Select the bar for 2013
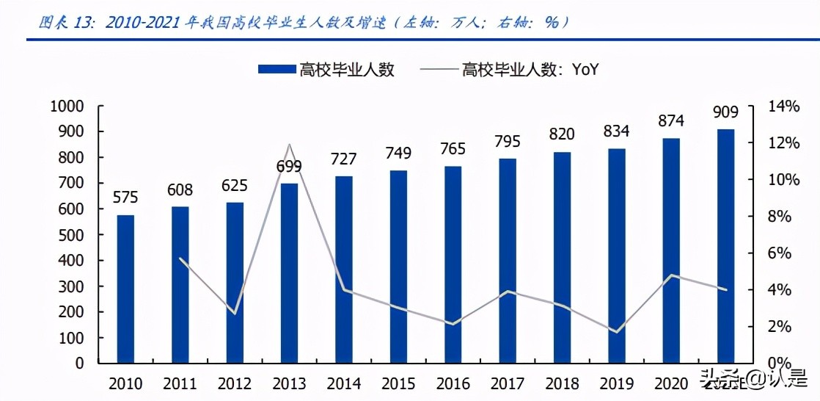(289, 272)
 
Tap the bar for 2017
(508, 260)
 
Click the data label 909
(725, 113)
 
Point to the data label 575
(125, 198)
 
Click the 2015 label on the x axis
(398, 383)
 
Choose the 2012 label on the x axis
(235, 383)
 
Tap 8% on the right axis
(778, 217)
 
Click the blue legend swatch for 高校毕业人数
(277, 70)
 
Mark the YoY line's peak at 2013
(289, 145)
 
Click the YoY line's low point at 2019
(616, 332)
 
